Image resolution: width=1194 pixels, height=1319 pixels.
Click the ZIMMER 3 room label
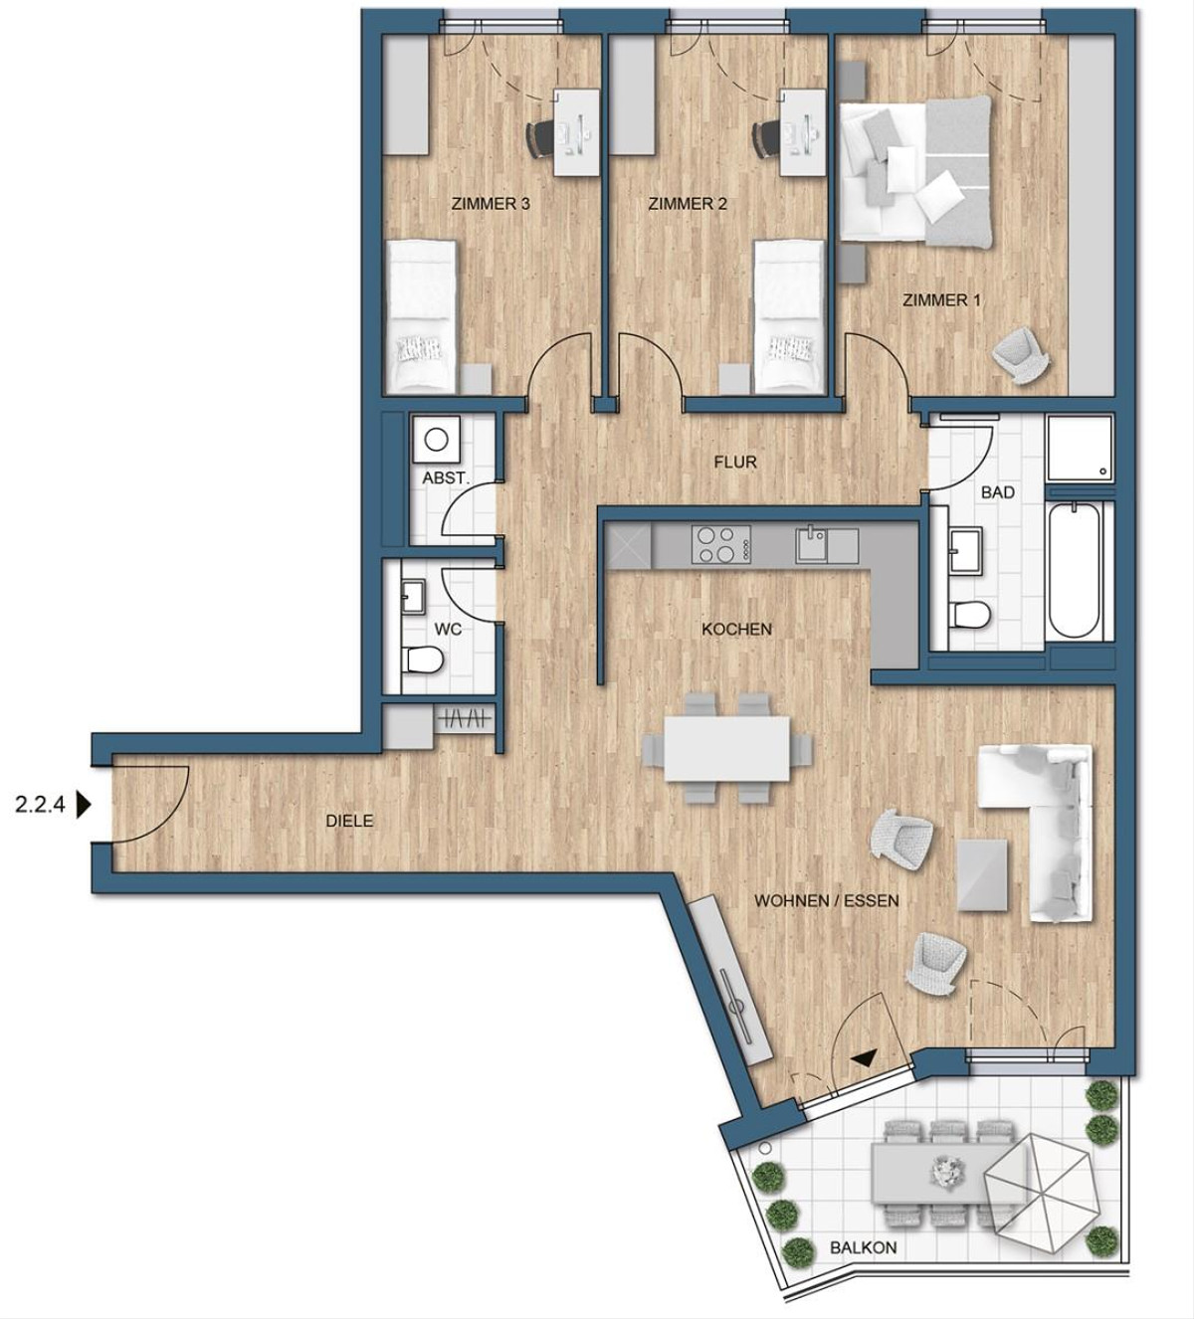pyautogui.click(x=490, y=205)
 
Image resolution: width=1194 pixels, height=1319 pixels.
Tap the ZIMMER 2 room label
pyautogui.click(x=687, y=205)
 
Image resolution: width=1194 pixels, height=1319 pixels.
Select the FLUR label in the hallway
pyautogui.click(x=735, y=463)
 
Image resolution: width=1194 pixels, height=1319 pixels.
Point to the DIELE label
pyautogui.click(x=349, y=822)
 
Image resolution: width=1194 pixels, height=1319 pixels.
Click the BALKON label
pyautogui.click(x=863, y=1247)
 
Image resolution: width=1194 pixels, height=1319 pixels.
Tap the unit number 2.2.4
pyautogui.click(x=40, y=805)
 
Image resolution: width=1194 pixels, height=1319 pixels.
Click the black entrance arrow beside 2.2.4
pyautogui.click(x=83, y=805)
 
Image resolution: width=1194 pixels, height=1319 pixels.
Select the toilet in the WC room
pyautogui.click(x=424, y=659)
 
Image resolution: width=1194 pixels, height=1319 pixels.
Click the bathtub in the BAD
pyautogui.click(x=1075, y=572)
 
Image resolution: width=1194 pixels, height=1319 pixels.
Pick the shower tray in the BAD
pyautogui.click(x=1080, y=447)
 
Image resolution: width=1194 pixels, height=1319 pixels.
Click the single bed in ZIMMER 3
pyautogui.click(x=421, y=315)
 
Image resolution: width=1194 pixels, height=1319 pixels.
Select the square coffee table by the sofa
pyautogui.click(x=983, y=874)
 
